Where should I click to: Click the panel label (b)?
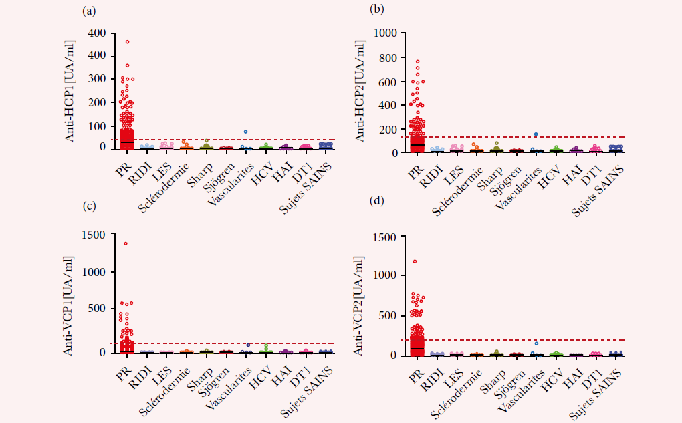tap(377, 11)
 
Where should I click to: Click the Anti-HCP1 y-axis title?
tap(70, 90)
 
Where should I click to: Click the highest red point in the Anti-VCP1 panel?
tap(126, 243)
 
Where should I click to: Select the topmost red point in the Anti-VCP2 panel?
tap(415, 261)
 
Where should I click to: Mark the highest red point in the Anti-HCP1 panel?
tap(127, 42)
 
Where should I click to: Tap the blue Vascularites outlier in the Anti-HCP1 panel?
tap(246, 132)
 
